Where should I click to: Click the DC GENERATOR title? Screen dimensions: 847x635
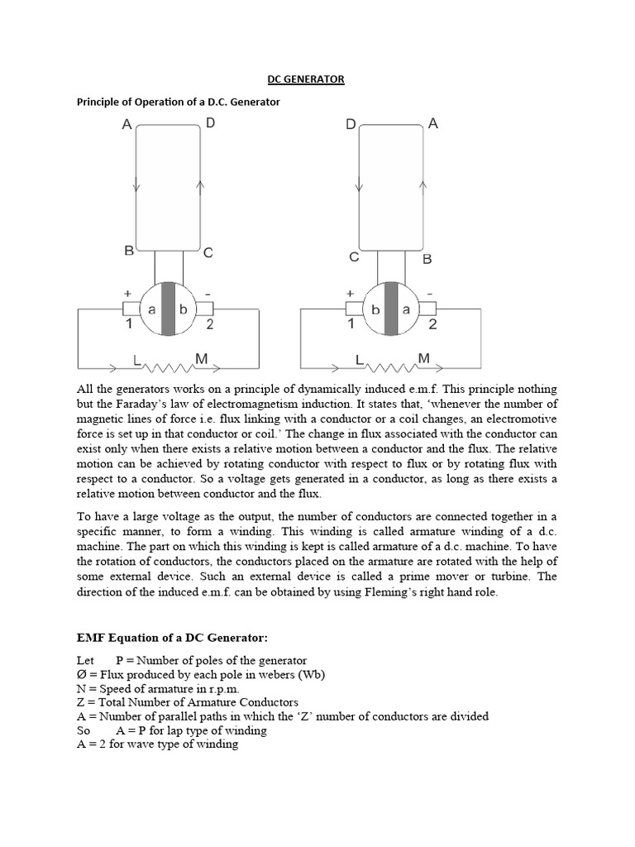click(305, 79)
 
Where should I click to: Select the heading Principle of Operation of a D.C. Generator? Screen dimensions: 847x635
click(179, 102)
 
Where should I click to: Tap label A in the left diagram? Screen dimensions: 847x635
click(127, 125)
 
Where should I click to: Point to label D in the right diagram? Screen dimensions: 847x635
click(351, 125)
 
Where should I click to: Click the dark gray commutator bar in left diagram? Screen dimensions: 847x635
click(169, 309)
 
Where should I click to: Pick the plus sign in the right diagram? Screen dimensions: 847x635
click(351, 293)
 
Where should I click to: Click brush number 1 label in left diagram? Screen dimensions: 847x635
click(129, 325)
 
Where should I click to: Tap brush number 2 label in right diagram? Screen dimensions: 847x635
click(432, 325)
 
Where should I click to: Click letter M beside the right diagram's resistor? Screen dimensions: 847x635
click(423, 358)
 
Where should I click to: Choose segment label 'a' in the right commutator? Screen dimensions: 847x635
click(406, 309)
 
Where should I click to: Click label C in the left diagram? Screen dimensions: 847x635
click(208, 253)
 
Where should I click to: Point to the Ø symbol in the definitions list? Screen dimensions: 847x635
click(82, 674)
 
